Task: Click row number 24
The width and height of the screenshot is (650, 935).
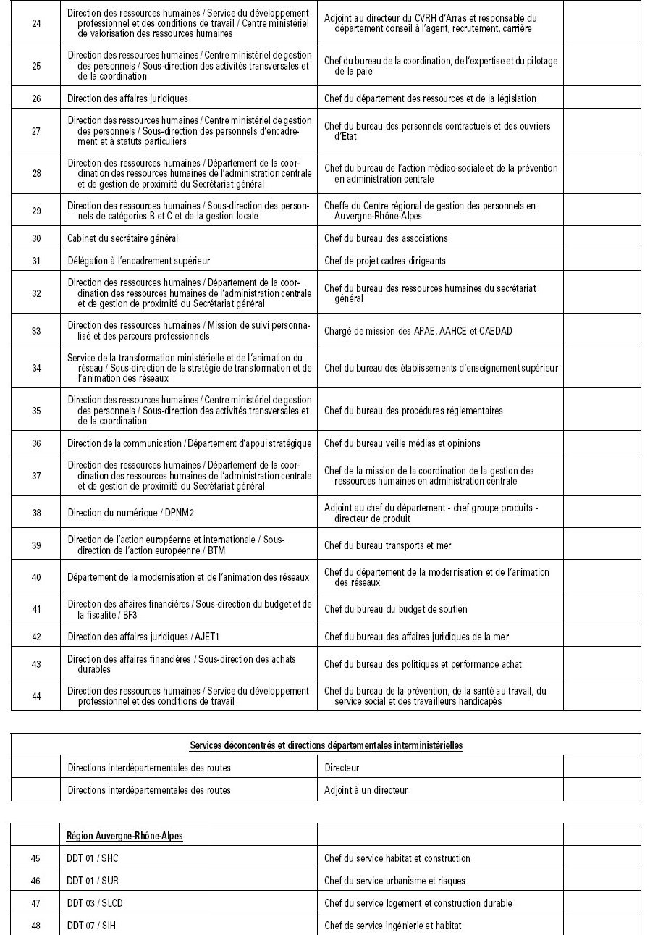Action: click(x=36, y=23)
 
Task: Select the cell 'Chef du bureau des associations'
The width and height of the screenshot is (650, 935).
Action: click(x=386, y=238)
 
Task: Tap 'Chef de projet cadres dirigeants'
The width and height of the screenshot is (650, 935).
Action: click(x=385, y=261)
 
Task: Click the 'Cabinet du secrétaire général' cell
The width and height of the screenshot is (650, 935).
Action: click(x=122, y=238)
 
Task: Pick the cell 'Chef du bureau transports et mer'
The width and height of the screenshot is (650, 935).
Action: click(x=388, y=545)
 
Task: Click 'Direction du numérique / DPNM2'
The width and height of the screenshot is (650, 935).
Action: click(x=131, y=513)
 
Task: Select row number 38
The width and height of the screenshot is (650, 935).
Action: click(x=36, y=513)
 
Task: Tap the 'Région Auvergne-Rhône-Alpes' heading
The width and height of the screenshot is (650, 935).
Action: click(x=124, y=836)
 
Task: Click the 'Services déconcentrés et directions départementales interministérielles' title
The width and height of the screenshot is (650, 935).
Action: click(x=326, y=745)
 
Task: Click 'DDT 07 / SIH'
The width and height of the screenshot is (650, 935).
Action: click(x=91, y=926)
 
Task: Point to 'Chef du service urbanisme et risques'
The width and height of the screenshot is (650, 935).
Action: click(x=394, y=881)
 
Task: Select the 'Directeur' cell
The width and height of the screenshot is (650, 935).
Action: click(x=342, y=768)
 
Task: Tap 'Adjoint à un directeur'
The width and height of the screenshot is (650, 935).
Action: click(x=366, y=790)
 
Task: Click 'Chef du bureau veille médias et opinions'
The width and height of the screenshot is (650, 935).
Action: click(x=402, y=443)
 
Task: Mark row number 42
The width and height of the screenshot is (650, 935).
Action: click(x=36, y=637)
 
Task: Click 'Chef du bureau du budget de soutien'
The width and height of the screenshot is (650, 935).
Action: click(x=396, y=609)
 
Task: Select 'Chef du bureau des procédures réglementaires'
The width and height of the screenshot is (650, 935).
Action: click(x=413, y=411)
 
